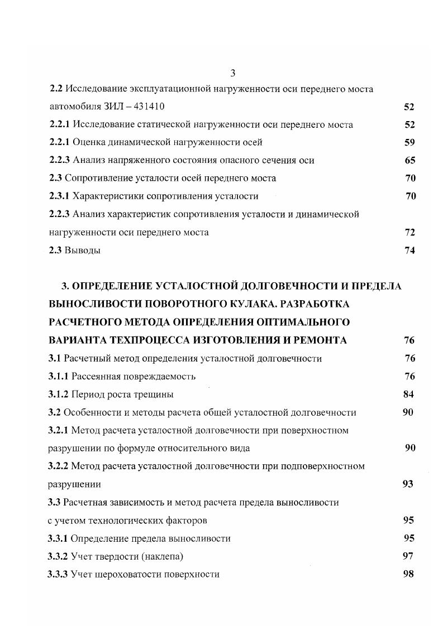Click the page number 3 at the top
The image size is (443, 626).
tap(233, 73)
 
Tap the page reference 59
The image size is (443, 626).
tap(409, 142)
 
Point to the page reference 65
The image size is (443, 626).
tap(409, 160)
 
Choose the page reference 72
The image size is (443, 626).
tap(409, 232)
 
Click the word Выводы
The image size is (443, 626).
tap(83, 251)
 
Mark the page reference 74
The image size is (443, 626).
tap(409, 251)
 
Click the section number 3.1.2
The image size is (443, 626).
tap(58, 394)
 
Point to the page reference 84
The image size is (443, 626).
tap(408, 394)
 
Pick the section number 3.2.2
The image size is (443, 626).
tap(58, 466)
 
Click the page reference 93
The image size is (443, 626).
tap(408, 484)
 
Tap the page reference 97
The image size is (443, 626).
tap(408, 556)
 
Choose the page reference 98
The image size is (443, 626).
tap(408, 574)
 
